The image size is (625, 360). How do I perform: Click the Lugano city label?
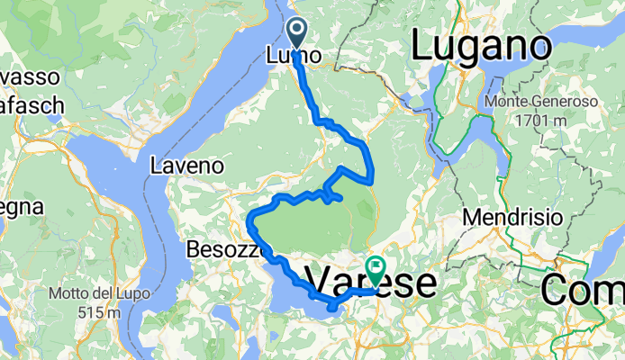pos(481,45)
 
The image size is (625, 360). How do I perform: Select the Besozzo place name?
pos(223,248)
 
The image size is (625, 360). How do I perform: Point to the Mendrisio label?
pos(512,217)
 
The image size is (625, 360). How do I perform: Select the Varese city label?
pos(372,283)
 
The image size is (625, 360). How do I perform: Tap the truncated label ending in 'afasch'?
pos(30,105)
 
